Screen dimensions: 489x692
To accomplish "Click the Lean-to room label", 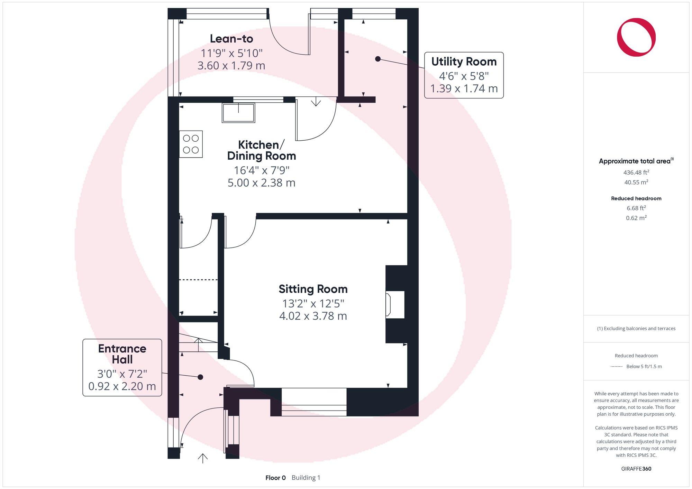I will coord(231,39).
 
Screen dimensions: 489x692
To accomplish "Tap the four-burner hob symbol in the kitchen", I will coord(191,144).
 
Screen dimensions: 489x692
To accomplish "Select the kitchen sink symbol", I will coord(238,113).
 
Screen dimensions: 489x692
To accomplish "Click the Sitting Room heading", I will coord(313,289).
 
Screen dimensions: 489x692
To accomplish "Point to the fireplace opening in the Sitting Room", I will coord(395,304).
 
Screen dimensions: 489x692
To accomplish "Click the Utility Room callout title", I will coord(464,62).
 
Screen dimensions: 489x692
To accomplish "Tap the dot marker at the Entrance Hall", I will coord(200,377).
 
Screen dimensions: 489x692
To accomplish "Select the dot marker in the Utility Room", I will coord(378,59).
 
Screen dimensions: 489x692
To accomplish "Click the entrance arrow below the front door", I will coord(202,458).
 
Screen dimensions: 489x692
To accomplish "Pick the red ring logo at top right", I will coord(636,37).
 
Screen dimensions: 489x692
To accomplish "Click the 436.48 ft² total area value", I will coord(636,172).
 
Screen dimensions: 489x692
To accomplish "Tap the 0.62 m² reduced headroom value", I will coord(636,218).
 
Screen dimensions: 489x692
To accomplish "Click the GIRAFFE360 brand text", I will coord(636,469).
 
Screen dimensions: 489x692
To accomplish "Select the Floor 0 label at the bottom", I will coord(275,478).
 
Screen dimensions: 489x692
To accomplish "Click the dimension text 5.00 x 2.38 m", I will coord(261,182).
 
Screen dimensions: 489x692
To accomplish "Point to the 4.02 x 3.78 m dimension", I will coord(313,316).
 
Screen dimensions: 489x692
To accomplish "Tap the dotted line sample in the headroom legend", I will coord(617,366).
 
